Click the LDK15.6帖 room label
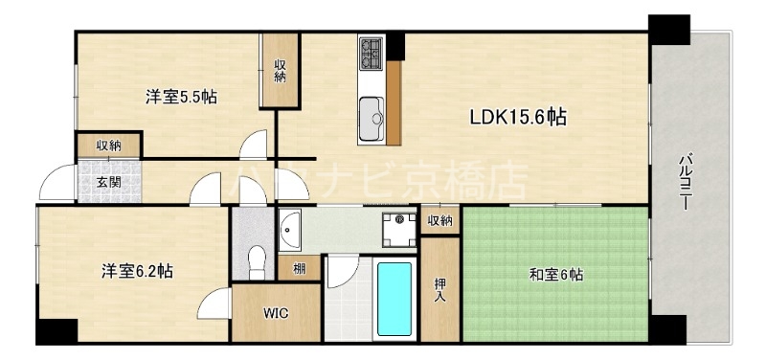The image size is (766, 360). tap(517, 118)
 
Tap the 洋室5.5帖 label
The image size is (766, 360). tap(180, 97)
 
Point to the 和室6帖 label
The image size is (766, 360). tap(556, 275)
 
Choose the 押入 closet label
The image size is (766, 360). tap(440, 288)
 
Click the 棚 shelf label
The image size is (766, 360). tap(301, 268)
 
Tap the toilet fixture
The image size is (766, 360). tap(255, 259)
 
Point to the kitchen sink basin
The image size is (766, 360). tap(371, 120)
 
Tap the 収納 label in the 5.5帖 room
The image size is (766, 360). tap(280, 71)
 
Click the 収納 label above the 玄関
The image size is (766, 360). tap(108, 146)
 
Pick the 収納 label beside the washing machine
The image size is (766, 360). tap(439, 221)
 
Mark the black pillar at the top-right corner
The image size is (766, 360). tap(668, 29)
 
